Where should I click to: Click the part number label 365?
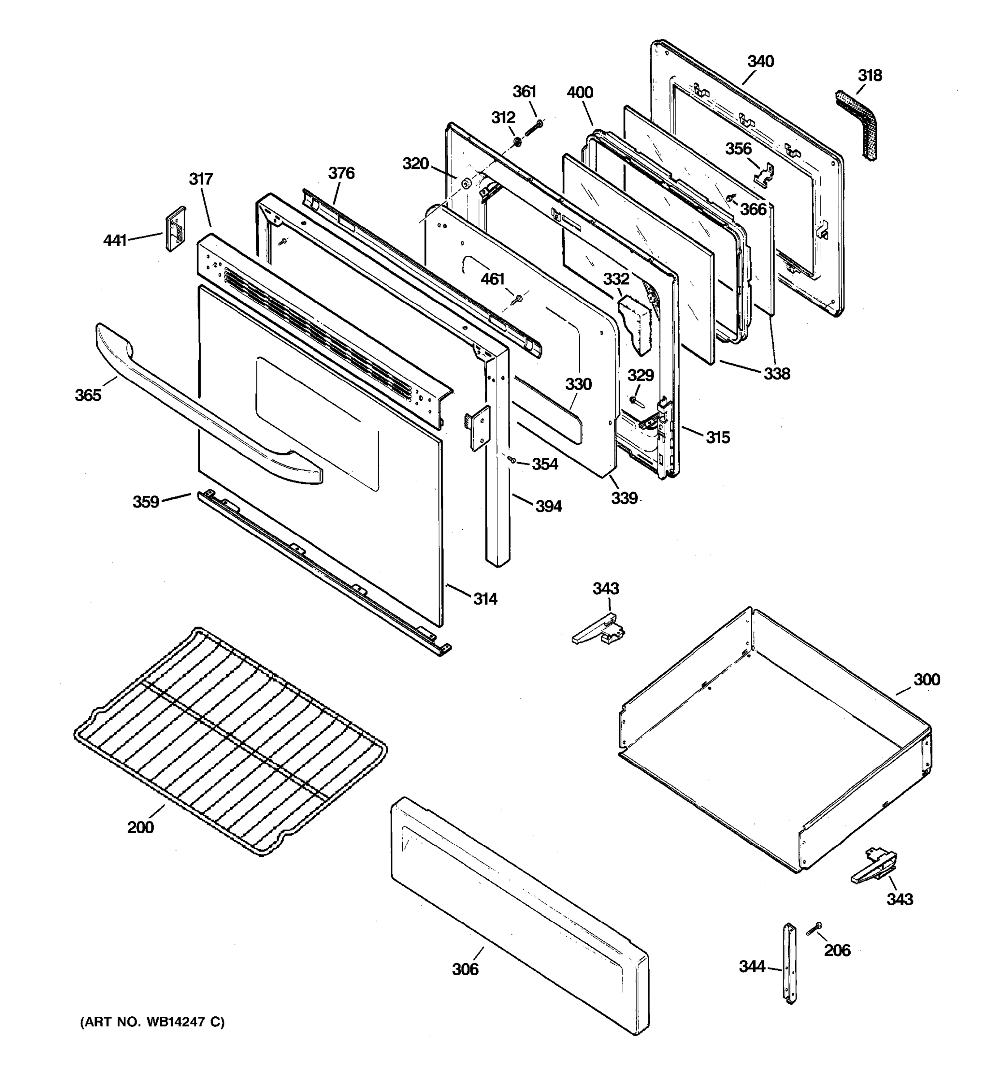(88, 395)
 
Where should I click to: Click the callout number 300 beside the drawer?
(926, 680)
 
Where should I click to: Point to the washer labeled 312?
(517, 142)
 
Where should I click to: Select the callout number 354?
(545, 464)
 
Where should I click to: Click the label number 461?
(493, 279)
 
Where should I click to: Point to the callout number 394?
(548, 507)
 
